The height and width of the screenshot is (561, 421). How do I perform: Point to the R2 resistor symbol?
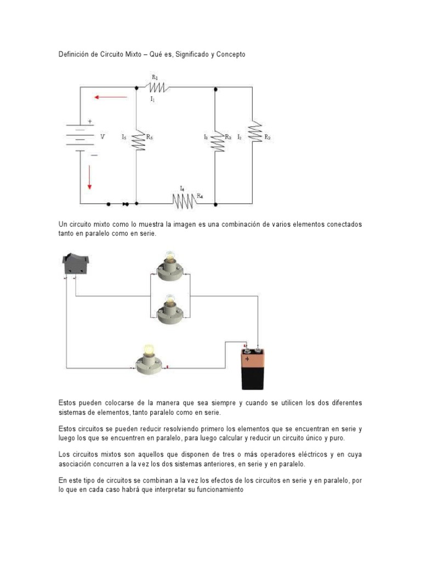click(x=253, y=133)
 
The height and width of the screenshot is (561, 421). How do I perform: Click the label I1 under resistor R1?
click(x=152, y=99)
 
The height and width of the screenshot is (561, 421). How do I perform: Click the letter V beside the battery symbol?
click(x=102, y=137)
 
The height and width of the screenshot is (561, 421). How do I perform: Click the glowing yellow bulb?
click(x=149, y=351)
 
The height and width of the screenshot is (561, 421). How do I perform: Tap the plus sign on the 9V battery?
click(x=247, y=359)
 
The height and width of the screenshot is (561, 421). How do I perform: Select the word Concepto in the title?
click(x=229, y=55)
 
